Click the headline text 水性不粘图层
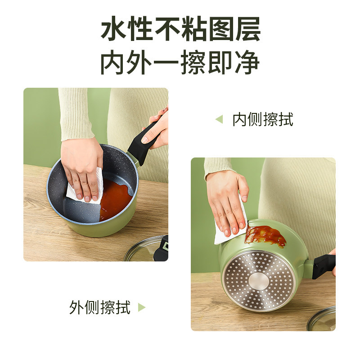pos(181,29)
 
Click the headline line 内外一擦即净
pos(180,62)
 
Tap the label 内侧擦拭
pos(263,119)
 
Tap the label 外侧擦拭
pos(100,307)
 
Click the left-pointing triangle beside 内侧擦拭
pos(220,119)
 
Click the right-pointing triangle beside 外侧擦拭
pos(141,307)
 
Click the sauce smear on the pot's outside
pos(266,236)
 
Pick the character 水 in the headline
pos(114,29)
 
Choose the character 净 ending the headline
pos(247,62)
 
